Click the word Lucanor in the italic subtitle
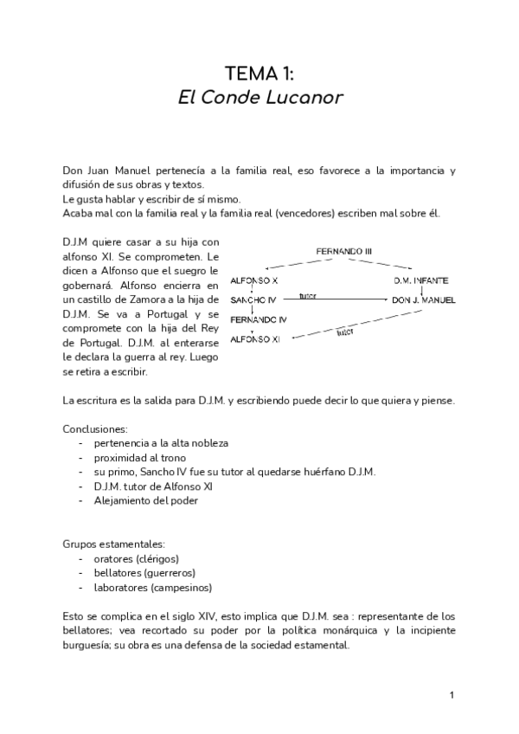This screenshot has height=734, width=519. click(304, 97)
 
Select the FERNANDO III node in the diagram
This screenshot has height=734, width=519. click(344, 251)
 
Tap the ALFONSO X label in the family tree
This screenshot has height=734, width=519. click(254, 281)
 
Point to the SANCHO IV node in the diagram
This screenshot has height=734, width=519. click(253, 300)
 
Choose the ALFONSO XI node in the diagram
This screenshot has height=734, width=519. click(256, 338)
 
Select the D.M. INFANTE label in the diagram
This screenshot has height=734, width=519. click(420, 281)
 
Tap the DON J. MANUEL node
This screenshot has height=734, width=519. click(423, 300)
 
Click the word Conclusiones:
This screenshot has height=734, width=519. click(95, 428)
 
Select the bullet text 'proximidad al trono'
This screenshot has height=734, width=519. click(140, 457)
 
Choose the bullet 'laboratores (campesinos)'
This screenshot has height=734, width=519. click(153, 587)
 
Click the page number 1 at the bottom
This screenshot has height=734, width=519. click(452, 695)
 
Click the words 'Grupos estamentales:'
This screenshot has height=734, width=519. click(113, 544)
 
